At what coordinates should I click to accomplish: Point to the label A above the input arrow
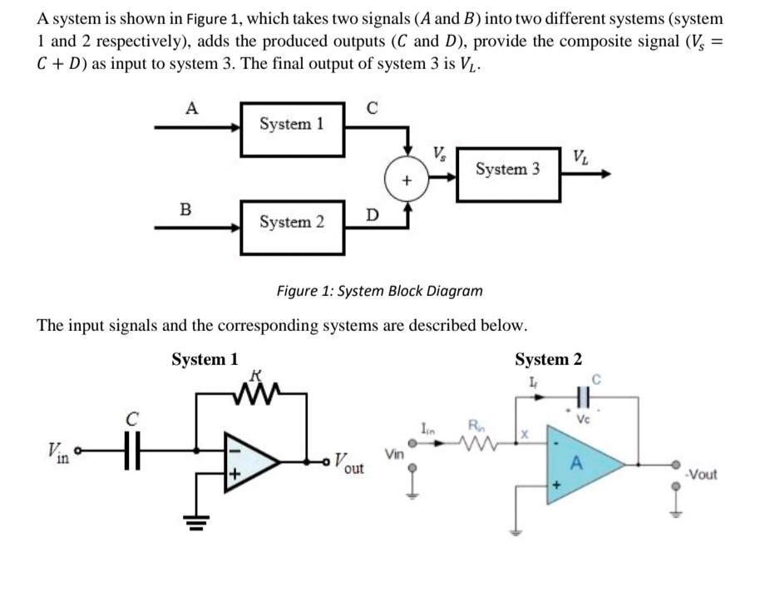click(192, 107)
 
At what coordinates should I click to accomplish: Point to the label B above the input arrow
click(185, 210)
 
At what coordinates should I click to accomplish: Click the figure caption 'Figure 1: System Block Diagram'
click(379, 291)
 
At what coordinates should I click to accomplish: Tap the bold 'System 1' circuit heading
click(205, 359)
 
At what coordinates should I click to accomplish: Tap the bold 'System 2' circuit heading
click(548, 359)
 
